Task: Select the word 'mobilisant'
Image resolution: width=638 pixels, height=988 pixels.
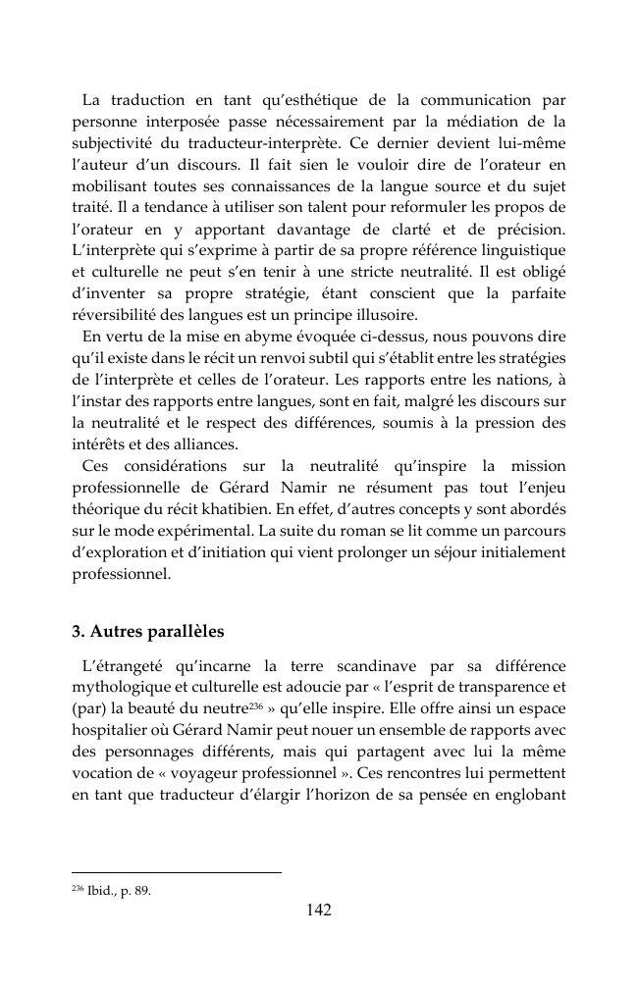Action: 109,185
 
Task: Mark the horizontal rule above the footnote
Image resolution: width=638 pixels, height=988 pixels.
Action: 177,871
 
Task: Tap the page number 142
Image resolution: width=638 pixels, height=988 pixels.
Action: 318,910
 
